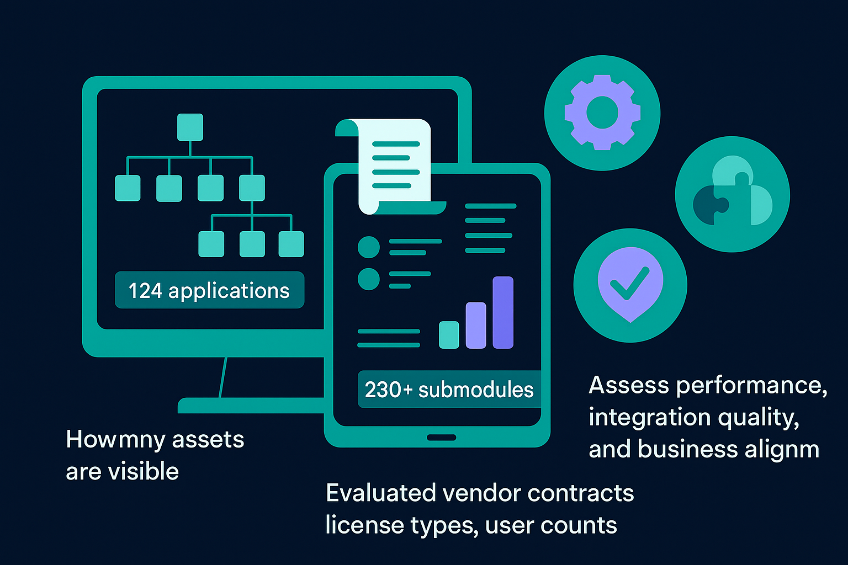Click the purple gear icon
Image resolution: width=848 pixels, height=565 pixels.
(602, 113)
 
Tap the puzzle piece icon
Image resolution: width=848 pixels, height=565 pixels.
(733, 194)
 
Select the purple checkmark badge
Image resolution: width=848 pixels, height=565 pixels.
(630, 284)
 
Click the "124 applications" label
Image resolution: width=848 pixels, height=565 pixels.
(209, 290)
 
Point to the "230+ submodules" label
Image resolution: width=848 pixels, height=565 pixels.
(449, 390)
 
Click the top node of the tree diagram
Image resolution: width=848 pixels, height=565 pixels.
(190, 127)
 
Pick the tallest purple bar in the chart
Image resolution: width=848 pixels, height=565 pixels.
(503, 312)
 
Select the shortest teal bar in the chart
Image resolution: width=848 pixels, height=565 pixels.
(449, 334)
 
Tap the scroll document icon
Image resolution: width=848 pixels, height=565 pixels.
(393, 166)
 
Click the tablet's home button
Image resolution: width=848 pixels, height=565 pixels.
(441, 438)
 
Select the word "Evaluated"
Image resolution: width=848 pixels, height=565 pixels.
(379, 493)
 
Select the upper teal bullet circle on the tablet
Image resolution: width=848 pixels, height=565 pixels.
(369, 247)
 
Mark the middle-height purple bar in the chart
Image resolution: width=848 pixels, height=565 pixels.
(476, 325)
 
